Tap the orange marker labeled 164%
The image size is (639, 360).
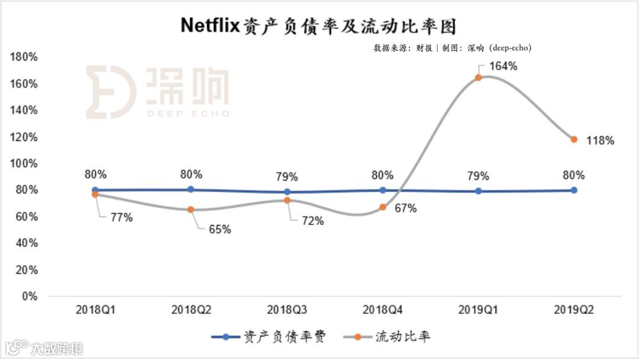478,78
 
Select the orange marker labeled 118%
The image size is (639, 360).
573,139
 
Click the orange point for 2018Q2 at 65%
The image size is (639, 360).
191,210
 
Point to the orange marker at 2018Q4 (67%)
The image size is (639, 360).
382,207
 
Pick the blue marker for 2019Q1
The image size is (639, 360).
478,191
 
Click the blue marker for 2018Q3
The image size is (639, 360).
287,192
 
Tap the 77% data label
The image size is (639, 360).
121,218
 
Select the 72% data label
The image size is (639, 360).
312,221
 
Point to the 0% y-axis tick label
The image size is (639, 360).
30,297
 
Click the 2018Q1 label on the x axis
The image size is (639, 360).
95,310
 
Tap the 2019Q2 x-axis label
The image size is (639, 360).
573,310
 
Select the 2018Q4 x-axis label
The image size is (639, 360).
382,310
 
